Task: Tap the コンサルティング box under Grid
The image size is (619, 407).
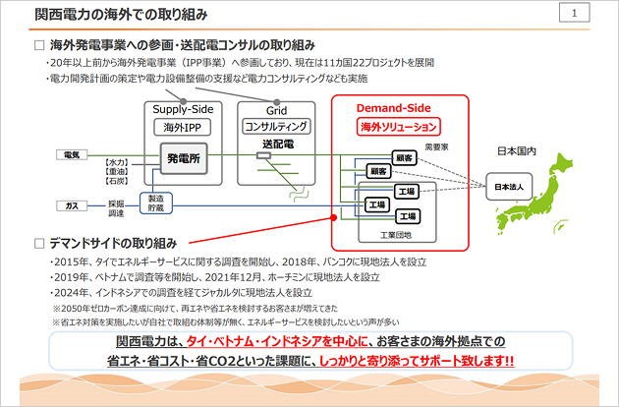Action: point(276,127)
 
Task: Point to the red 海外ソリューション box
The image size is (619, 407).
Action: point(397,127)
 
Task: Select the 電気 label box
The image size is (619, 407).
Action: point(72,155)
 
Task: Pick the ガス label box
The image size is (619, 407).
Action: point(72,205)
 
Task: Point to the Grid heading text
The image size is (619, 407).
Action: point(276,110)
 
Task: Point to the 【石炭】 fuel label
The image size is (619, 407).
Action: point(116,181)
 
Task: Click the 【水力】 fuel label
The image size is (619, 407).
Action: point(116,161)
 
